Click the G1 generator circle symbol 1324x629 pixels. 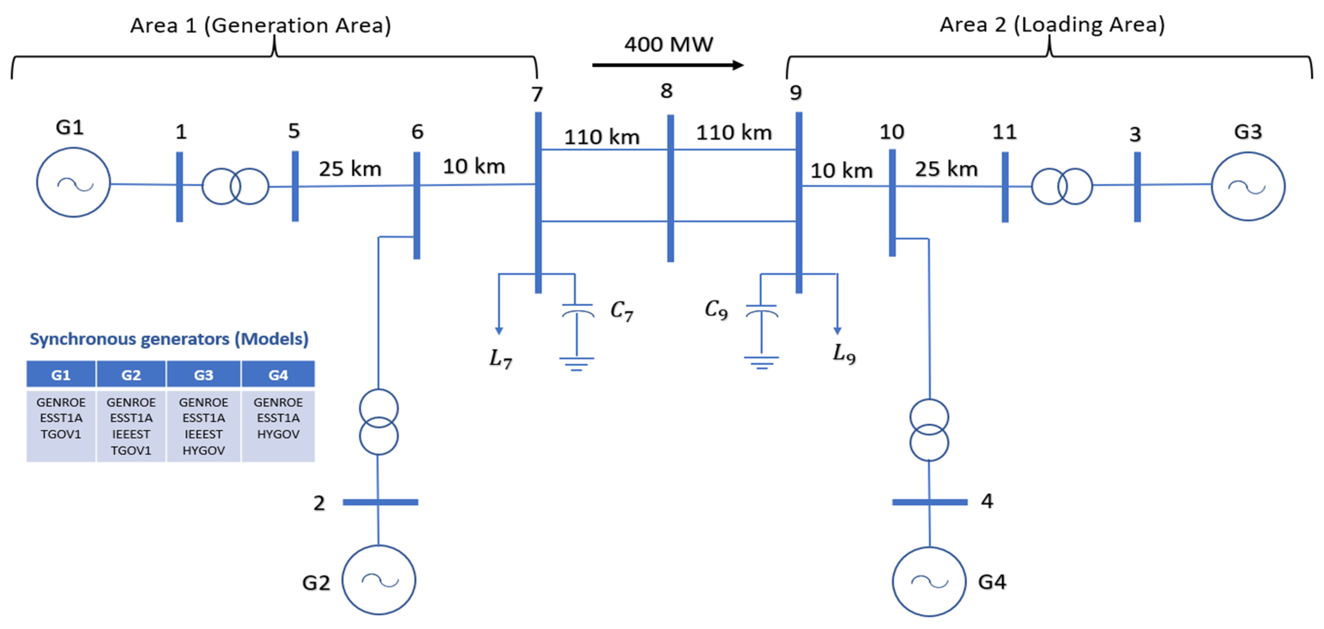pyautogui.click(x=73, y=182)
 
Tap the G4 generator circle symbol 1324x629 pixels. pyautogui.click(x=929, y=581)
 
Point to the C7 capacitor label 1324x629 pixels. pyautogui.click(x=621, y=310)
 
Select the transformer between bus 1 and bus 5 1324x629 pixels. pyautogui.click(x=235, y=186)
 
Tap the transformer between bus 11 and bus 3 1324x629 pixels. pyautogui.click(x=1062, y=186)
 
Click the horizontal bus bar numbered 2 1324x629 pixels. pyautogui.click(x=380, y=502)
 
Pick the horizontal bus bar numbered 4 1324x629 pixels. pyautogui.click(x=929, y=502)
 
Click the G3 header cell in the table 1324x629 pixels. pyautogui.click(x=203, y=375)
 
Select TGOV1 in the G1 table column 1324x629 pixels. pyautogui.click(x=61, y=434)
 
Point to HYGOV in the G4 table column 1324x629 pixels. pyautogui.click(x=278, y=434)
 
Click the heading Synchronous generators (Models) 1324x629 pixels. pyautogui.click(x=169, y=339)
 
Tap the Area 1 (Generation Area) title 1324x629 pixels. pyautogui.click(x=261, y=25)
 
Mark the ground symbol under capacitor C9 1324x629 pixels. pyautogui.click(x=761, y=363)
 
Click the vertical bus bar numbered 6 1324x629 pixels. pyautogui.click(x=417, y=205)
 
